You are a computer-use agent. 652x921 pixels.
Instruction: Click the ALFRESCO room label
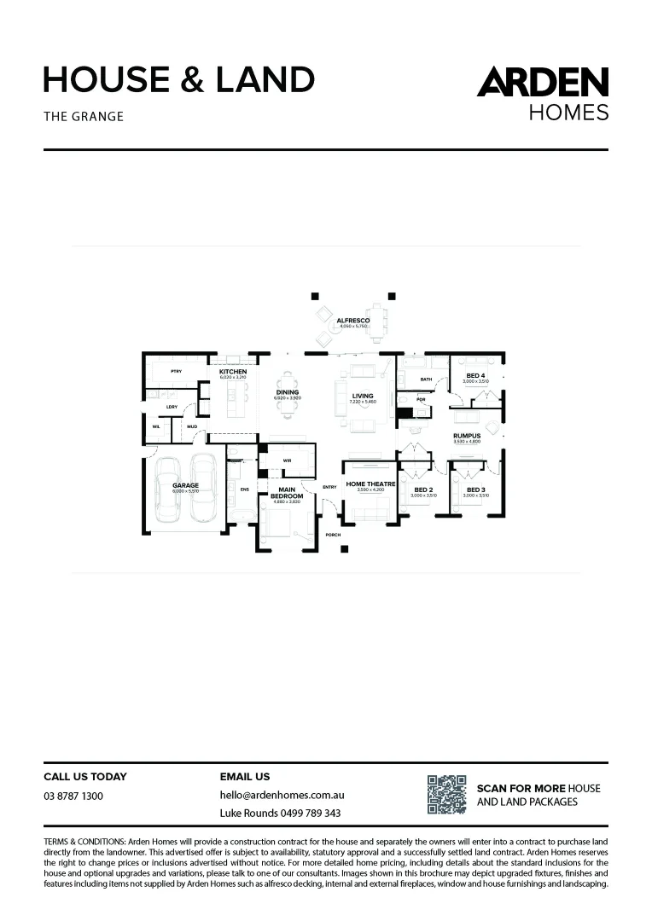pyautogui.click(x=352, y=320)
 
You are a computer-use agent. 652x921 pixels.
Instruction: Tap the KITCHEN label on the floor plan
pyautogui.click(x=233, y=372)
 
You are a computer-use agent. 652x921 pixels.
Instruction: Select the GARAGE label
pyautogui.click(x=185, y=485)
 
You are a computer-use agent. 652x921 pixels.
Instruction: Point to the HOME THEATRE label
pyautogui.click(x=370, y=484)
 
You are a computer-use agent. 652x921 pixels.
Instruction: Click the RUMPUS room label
pyautogui.click(x=467, y=436)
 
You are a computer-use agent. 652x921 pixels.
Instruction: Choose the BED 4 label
pyautogui.click(x=475, y=375)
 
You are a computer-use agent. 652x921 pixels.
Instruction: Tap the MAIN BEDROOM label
pyautogui.click(x=287, y=493)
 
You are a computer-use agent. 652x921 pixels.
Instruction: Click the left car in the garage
pyautogui.click(x=167, y=494)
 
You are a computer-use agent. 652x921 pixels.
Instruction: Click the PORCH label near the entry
pyautogui.click(x=333, y=535)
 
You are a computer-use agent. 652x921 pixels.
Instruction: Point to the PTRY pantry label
pyautogui.click(x=176, y=372)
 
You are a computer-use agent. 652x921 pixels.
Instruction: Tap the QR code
pyautogui.click(x=446, y=794)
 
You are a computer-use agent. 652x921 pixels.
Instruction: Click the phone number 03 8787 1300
pyautogui.click(x=73, y=796)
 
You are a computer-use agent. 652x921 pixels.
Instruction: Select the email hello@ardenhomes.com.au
pyautogui.click(x=282, y=795)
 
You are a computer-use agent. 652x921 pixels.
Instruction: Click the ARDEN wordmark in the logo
pyautogui.click(x=542, y=83)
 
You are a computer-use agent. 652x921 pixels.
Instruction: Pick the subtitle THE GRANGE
pyautogui.click(x=84, y=116)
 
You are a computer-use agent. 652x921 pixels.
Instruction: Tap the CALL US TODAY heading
pyautogui.click(x=85, y=777)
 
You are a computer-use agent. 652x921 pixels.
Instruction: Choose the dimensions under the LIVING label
pyautogui.click(x=363, y=402)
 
